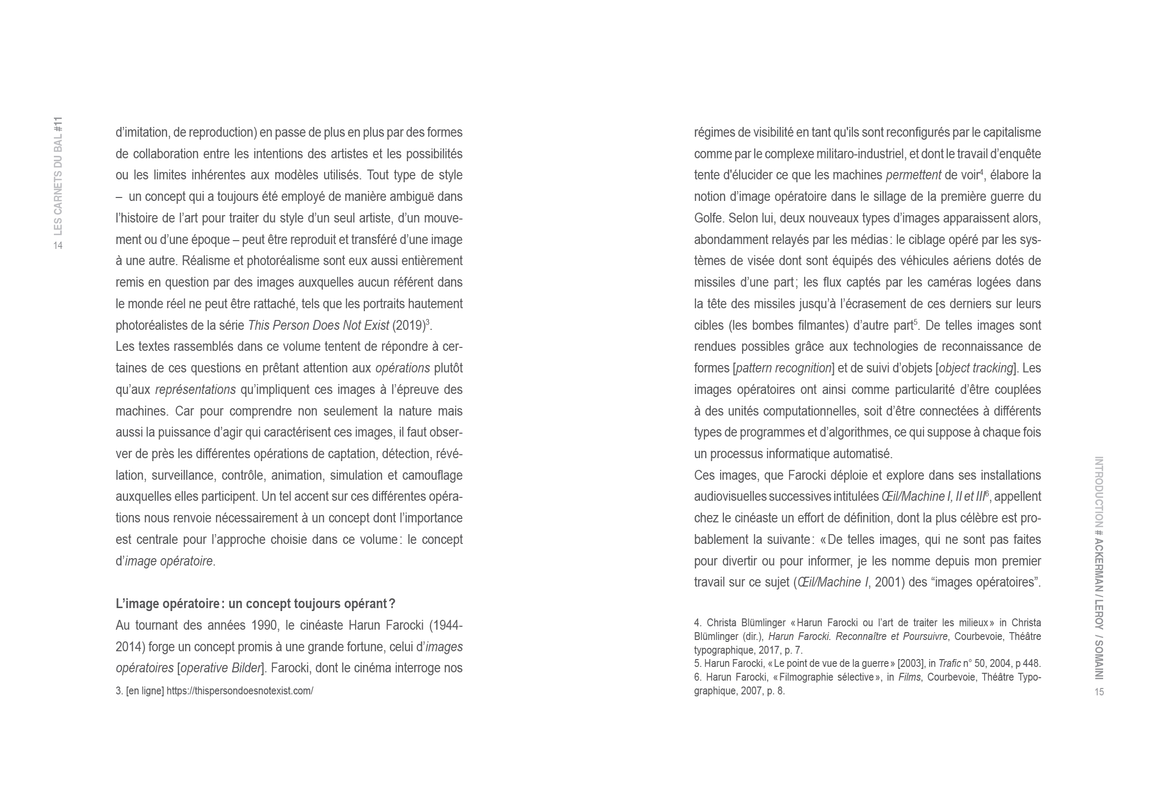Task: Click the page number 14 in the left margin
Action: pyautogui.click(x=58, y=245)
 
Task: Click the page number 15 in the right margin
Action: pyautogui.click(x=1099, y=691)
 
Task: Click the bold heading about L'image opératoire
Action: pyautogui.click(x=255, y=603)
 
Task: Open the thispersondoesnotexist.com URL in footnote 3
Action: pyautogui.click(x=240, y=691)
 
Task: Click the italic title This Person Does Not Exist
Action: pyautogui.click(x=318, y=325)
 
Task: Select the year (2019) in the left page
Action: pyautogui.click(x=408, y=325)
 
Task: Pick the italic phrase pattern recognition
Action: pyautogui.click(x=784, y=368)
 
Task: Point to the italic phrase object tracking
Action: pyautogui.click(x=976, y=368)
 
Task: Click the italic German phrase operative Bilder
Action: pyautogui.click(x=220, y=668)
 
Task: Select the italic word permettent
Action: pyautogui.click(x=913, y=175)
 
